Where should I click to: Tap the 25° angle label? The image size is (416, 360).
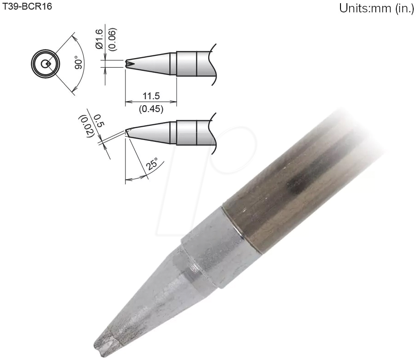click(x=152, y=163)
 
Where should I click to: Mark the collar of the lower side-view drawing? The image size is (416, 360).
click(x=186, y=133)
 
